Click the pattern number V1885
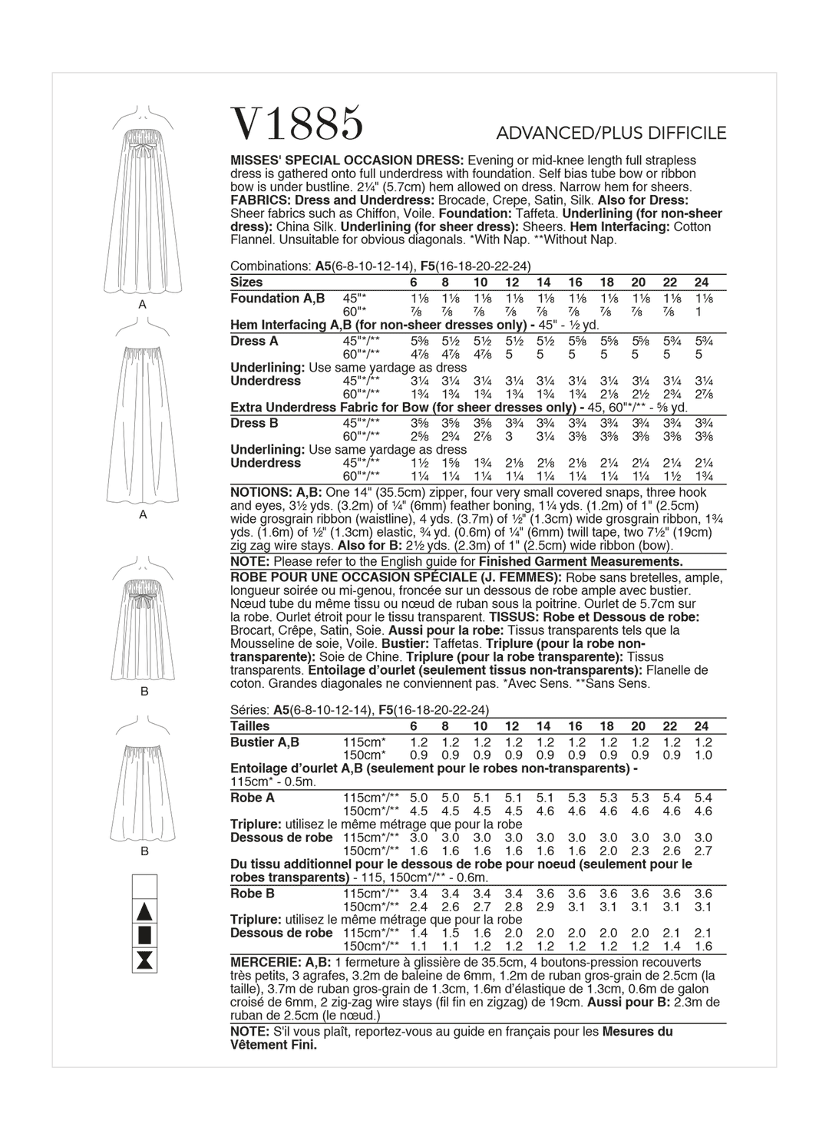point(296,124)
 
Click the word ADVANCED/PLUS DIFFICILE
point(611,134)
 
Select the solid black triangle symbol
point(145,912)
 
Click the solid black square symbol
point(145,935)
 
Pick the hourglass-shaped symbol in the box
point(145,959)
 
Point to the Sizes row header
point(246,283)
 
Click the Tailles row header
point(250,726)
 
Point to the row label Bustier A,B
point(265,742)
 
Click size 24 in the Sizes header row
point(701,283)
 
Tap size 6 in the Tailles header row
point(414,726)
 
